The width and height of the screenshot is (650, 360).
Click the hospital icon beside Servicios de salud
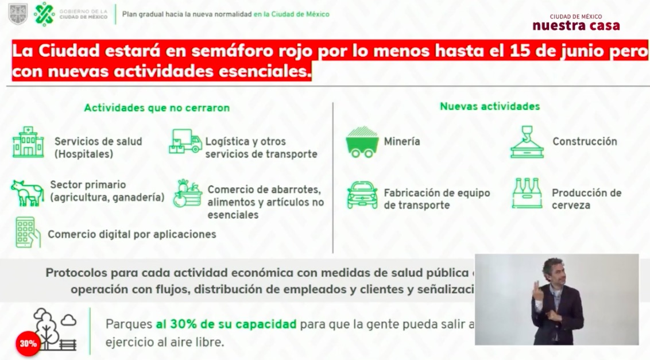pyautogui.click(x=28, y=142)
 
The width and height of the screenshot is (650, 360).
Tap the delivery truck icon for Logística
pyautogui.click(x=185, y=141)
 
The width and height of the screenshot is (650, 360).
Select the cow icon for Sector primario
pyautogui.click(x=27, y=192)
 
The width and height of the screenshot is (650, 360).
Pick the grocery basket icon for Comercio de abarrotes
pyautogui.click(x=187, y=193)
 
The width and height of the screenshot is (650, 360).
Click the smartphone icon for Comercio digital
pyautogui.click(x=28, y=232)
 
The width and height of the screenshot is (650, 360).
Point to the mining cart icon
pyautogui.click(x=362, y=142)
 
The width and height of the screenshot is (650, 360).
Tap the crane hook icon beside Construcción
pyautogui.click(x=527, y=142)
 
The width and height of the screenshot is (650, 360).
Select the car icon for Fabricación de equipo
pyautogui.click(x=362, y=195)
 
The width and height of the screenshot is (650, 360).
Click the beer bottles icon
pyautogui.click(x=527, y=193)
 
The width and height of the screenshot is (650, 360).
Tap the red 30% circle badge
pyautogui.click(x=28, y=344)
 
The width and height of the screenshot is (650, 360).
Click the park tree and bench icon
pyautogui.click(x=55, y=330)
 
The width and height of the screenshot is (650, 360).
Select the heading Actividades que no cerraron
pyautogui.click(x=157, y=108)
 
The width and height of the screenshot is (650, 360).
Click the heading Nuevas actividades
pyautogui.click(x=490, y=106)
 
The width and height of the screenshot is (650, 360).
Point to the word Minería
pyautogui.click(x=402, y=141)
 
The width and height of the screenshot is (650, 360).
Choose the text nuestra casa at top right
pyautogui.click(x=576, y=26)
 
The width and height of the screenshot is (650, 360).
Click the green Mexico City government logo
pyautogui.click(x=44, y=13)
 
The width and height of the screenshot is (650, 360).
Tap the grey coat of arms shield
pyautogui.click(x=18, y=14)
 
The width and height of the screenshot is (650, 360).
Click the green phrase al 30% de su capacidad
pyautogui.click(x=226, y=324)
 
